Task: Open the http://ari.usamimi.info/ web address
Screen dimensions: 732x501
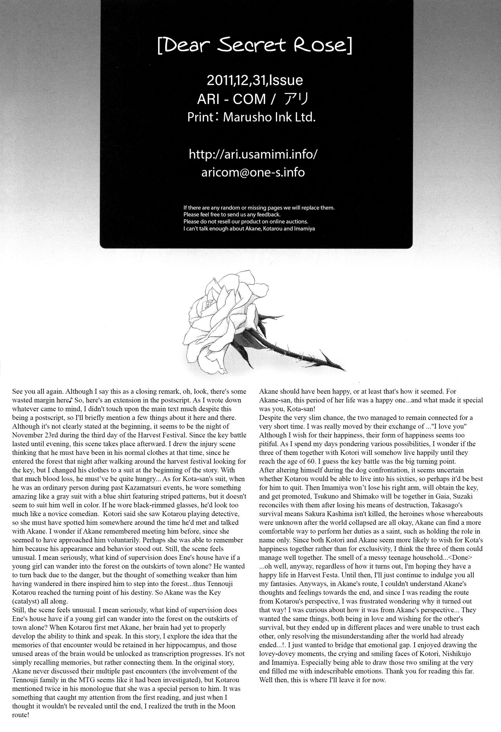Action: click(x=253, y=154)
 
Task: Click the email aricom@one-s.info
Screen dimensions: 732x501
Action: click(x=253, y=172)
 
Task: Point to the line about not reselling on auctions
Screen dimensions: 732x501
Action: click(x=245, y=221)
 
